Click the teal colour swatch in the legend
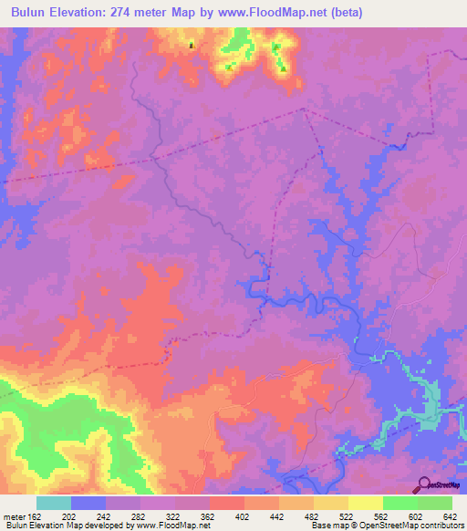click(54, 503)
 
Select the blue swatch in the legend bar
click(88, 503)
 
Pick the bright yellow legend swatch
click(365, 503)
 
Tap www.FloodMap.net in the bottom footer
click(172, 526)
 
